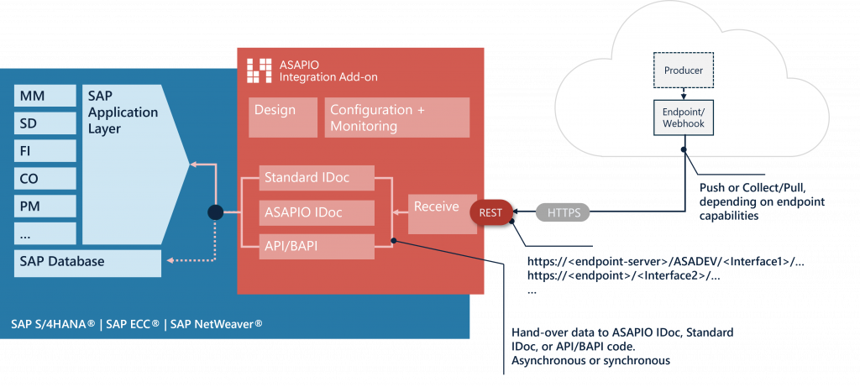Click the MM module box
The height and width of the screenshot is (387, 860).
click(x=45, y=96)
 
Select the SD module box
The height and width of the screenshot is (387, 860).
click(x=45, y=123)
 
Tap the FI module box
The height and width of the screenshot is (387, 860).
click(x=45, y=151)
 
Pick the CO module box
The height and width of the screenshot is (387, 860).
click(x=45, y=179)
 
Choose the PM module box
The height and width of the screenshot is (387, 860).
click(x=45, y=206)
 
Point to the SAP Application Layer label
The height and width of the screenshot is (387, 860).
click(x=122, y=112)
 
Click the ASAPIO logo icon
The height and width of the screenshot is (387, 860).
click(x=259, y=71)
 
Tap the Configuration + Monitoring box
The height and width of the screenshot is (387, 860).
click(x=396, y=118)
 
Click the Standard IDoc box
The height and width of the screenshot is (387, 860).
click(x=316, y=178)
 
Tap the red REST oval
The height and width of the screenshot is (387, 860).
click(x=491, y=213)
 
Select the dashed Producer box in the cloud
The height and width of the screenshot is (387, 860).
click(x=683, y=71)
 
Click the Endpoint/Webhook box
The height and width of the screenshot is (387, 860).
click(x=683, y=117)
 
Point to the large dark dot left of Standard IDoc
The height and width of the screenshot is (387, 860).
click(x=215, y=212)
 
